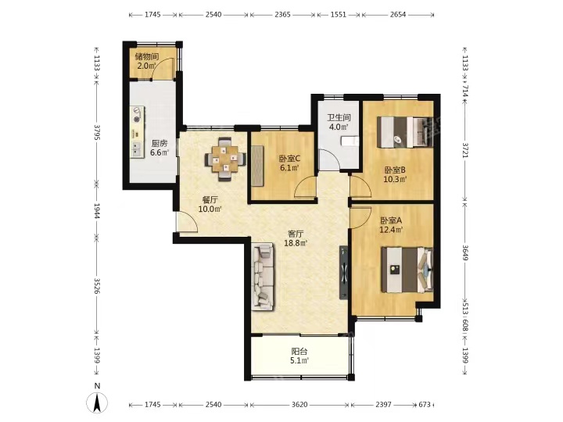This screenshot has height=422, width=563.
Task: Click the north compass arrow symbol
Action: [x=97, y=402]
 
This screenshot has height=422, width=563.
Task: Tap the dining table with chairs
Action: [x=225, y=159]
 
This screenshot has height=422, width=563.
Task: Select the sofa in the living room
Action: [x=263, y=277]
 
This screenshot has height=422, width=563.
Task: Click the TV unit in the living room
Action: [x=343, y=273]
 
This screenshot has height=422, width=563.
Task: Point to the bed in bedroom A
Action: [x=407, y=270]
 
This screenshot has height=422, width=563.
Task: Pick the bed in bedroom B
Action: [x=405, y=132]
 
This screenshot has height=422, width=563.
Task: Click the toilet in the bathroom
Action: [x=350, y=141]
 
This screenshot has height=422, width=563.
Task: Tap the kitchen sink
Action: [x=136, y=149]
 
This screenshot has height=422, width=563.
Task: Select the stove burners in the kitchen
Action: [x=136, y=115]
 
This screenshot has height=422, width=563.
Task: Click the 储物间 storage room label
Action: [x=147, y=57]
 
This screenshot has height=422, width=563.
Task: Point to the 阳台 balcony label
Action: [x=299, y=352]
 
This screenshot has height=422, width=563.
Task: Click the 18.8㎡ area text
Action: [x=296, y=243]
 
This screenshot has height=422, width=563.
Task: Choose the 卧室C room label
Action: [x=289, y=158]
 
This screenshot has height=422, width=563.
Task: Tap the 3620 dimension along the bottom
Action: [x=299, y=405]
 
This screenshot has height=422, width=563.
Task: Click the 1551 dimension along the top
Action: [x=339, y=15]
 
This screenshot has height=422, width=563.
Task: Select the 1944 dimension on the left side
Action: [x=97, y=210]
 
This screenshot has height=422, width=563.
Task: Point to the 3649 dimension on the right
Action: [x=465, y=253]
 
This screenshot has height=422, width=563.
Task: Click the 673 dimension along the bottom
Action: [x=425, y=405]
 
